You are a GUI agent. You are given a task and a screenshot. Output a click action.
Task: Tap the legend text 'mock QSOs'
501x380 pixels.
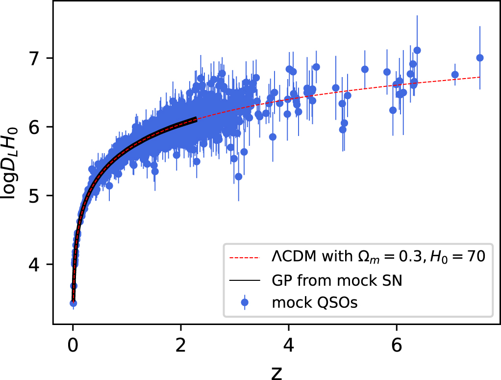315,303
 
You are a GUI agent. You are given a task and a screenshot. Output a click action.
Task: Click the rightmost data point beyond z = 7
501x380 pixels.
480,58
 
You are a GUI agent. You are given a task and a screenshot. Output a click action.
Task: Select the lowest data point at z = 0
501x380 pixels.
74,303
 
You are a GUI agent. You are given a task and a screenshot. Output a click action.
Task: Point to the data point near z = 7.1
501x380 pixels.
455,75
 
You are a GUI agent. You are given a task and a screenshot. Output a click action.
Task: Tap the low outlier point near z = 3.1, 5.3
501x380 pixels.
239,176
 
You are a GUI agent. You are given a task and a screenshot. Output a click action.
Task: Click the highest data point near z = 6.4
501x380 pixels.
417,50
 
